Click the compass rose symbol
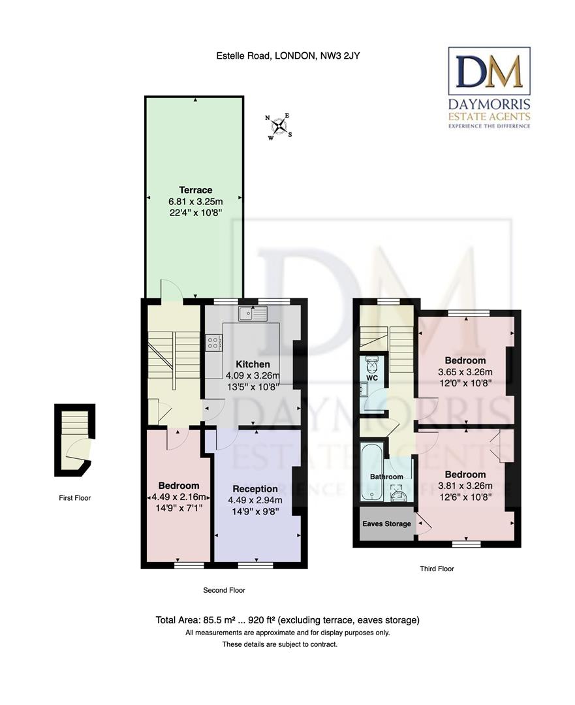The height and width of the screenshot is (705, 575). click(x=279, y=127)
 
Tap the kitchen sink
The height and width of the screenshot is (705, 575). click(x=253, y=313)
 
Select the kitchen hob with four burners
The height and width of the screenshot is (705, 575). click(x=213, y=343)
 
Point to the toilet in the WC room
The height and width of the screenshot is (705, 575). click(x=373, y=362)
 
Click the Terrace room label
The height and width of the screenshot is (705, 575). click(x=196, y=190)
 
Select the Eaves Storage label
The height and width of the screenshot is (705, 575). click(x=386, y=524)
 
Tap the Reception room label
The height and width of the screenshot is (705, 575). click(x=255, y=489)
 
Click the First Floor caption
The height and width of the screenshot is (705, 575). click(x=74, y=497)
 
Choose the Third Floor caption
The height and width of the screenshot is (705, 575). click(x=437, y=569)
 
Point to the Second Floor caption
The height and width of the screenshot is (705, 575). click(x=224, y=590)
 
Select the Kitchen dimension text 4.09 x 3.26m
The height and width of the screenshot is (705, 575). click(x=253, y=375)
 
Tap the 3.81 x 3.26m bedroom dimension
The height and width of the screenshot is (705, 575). click(x=465, y=486)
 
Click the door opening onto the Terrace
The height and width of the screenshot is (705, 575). click(x=171, y=289)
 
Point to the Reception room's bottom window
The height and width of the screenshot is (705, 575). click(x=255, y=565)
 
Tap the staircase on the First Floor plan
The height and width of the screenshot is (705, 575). click(x=75, y=422)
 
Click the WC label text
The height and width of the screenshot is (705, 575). click(x=372, y=378)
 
